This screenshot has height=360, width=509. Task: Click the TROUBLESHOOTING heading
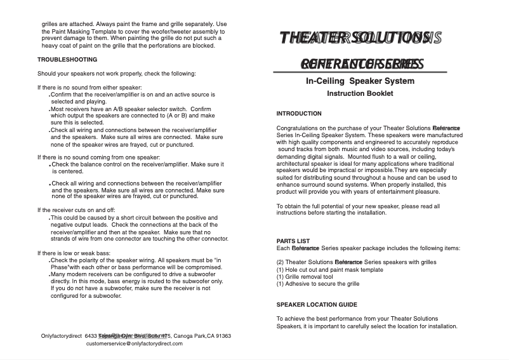(67, 60)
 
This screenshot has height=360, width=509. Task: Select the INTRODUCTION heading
(299, 114)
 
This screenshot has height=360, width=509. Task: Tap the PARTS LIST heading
(293, 241)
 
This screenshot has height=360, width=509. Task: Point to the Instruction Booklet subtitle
(360, 93)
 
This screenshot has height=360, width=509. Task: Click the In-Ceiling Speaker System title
(360, 81)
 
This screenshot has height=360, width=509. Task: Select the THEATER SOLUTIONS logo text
(360, 38)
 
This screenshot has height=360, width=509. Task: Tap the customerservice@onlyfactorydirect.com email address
(134, 343)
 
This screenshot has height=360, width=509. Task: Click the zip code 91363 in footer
(220, 336)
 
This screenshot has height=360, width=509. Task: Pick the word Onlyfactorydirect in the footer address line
(60, 336)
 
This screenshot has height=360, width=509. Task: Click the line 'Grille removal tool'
(305, 277)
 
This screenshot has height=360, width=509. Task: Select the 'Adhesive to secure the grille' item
(318, 284)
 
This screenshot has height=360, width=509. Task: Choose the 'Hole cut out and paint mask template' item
(330, 270)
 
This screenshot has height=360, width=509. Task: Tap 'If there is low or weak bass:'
(74, 253)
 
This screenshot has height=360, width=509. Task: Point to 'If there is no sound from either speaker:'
(89, 88)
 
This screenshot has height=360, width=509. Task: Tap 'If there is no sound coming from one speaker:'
(98, 157)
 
